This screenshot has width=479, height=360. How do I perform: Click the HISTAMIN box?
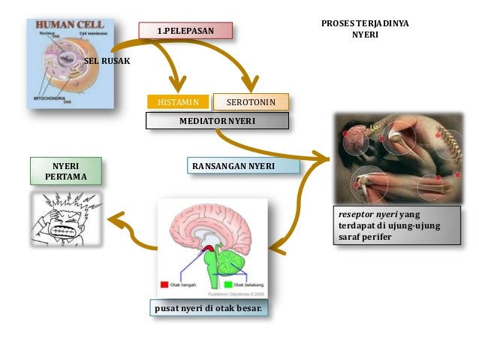coord(177,101)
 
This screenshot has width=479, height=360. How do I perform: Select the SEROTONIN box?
coord(251,101)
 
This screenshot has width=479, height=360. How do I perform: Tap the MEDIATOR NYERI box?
coord(217,120)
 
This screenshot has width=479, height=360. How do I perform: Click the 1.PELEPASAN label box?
coord(185,30)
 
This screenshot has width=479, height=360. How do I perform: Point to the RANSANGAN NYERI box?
coord(233,165)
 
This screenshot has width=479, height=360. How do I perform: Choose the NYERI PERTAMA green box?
coord(65,171)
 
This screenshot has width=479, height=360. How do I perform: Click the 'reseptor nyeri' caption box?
coord(398,225)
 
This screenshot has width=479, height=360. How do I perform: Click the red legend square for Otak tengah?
coord(164,285)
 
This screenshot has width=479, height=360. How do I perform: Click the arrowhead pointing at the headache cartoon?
coord(114,219)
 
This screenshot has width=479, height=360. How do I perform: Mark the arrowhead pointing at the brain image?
coord(276,246)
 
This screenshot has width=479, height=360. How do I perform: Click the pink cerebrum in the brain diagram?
coord(203,225)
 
